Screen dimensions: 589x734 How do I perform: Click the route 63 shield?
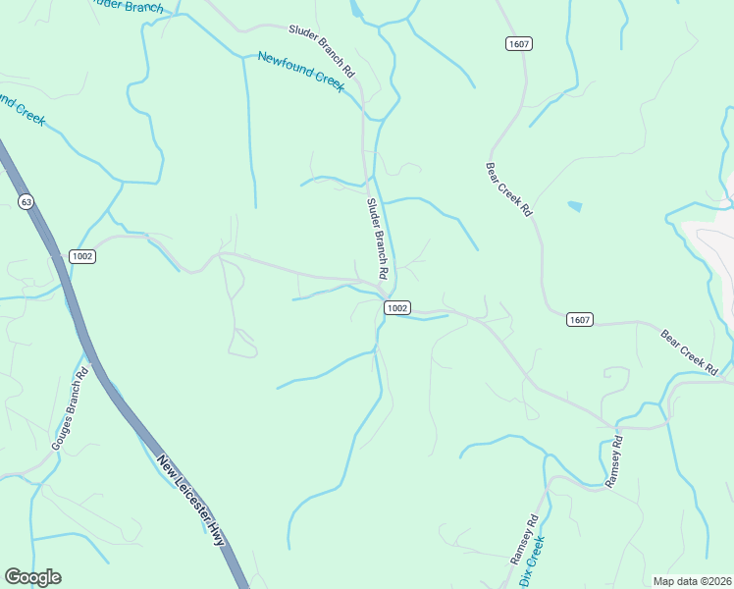(26, 201)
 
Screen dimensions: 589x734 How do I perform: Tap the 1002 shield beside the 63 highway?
(81, 256)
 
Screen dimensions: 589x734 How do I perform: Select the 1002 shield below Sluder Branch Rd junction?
(396, 307)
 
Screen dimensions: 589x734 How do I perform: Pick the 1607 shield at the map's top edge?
(519, 43)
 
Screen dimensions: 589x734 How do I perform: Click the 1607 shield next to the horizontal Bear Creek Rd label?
(579, 319)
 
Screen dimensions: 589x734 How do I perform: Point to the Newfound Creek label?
(300, 72)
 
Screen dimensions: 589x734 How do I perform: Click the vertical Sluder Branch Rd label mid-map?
(378, 237)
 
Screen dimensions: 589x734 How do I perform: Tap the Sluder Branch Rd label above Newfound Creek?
(321, 52)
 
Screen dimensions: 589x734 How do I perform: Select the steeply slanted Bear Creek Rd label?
(508, 189)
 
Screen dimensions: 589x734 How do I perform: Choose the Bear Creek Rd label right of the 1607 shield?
(690, 350)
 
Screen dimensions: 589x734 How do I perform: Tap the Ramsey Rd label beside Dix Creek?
(524, 538)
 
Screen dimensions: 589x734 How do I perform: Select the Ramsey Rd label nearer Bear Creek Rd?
(616, 462)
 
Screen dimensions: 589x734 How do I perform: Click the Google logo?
(32, 577)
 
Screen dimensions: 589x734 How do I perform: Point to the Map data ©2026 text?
(692, 581)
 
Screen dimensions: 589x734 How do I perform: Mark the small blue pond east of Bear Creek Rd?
(574, 207)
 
